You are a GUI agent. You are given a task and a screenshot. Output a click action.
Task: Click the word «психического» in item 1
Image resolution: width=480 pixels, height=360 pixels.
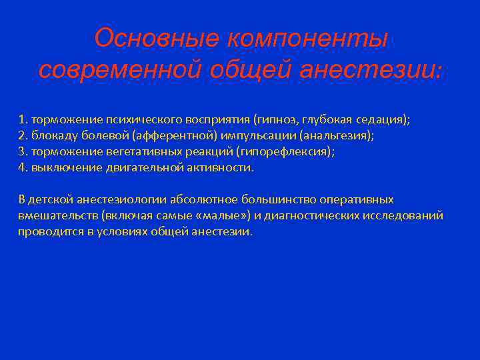coord(133,119)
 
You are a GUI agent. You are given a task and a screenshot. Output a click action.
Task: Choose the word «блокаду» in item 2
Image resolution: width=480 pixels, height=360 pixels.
coord(51,135)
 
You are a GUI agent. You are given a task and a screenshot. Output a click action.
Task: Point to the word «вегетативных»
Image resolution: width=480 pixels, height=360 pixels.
coord(128,151)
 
